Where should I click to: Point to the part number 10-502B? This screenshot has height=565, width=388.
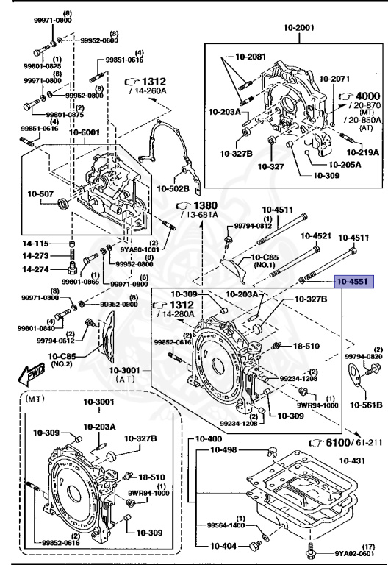pyautogui.click(x=173, y=189)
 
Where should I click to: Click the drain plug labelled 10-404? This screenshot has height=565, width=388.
pyautogui.click(x=255, y=547)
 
